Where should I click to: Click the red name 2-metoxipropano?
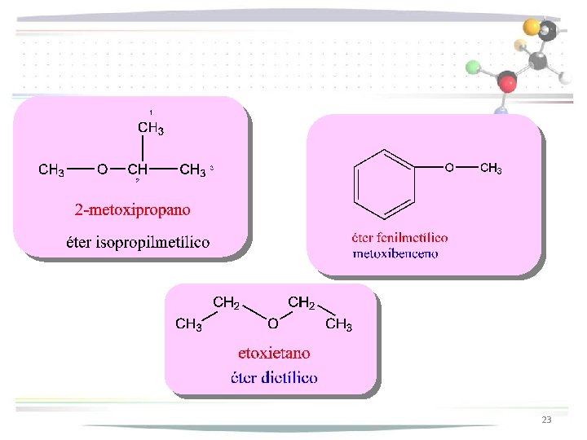pos(133,209)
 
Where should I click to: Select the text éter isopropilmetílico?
pos(138,242)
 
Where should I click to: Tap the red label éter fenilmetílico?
pos(399,238)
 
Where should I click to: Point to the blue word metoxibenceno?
pos(395,253)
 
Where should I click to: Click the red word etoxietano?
pos(274,353)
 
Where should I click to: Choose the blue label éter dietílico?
pos(274,377)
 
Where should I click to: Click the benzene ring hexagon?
pos(384,183)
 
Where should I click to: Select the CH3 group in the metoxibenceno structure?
pos(490,169)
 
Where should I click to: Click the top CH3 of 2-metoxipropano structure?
pos(151,128)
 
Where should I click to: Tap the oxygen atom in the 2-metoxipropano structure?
pos(102,169)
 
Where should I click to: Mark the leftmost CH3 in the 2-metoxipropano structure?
pos(52,169)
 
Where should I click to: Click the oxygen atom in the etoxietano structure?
pos(273,324)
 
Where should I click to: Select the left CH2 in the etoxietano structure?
pos(226,303)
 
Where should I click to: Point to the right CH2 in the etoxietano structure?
pos(301,303)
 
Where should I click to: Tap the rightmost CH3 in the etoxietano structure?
pos(338,325)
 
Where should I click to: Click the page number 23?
pos(546,420)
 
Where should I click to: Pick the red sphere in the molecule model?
pos(508,82)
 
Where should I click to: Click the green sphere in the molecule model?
pos(471,67)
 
